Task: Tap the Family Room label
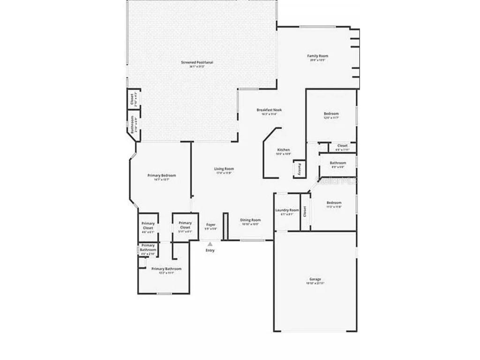point(317,56)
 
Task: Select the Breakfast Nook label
point(269,110)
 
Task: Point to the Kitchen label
point(284,150)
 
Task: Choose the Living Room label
point(224,169)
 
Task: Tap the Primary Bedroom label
point(162,176)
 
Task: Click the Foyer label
point(211,225)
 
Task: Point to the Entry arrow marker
point(210,244)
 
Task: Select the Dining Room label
point(250,220)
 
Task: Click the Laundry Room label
point(287,210)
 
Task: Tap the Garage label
point(315,279)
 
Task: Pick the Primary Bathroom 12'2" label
point(166,269)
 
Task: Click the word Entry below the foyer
point(210,250)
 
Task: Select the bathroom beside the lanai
point(133,125)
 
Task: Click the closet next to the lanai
point(132,99)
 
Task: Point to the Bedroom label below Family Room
point(331,114)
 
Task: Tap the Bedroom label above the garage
point(334,202)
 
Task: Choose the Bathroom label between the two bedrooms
point(337,163)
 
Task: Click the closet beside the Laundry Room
point(305,211)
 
